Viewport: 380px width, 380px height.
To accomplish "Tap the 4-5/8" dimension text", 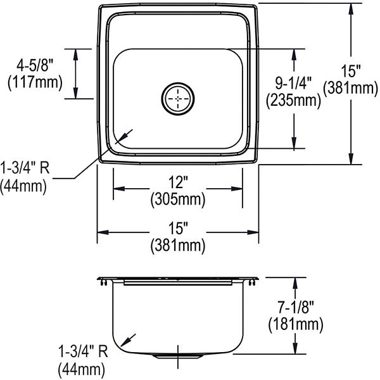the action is [x=35, y=65].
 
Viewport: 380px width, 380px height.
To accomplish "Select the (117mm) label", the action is [x=35, y=82].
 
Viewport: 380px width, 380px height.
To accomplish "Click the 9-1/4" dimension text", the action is [x=293, y=84].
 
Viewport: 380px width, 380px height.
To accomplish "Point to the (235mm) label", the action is [x=293, y=100].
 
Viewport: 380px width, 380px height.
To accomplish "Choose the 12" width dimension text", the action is [x=179, y=182].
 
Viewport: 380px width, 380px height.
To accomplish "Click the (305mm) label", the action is [x=178, y=199].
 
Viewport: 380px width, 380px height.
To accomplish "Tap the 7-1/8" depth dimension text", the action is [x=296, y=307].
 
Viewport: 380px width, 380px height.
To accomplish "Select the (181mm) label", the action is [x=296, y=324].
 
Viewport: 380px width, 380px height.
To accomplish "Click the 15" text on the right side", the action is [x=351, y=71].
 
